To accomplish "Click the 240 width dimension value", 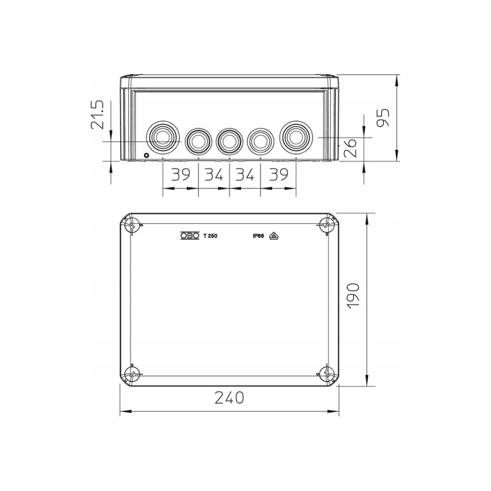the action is pyautogui.click(x=229, y=398).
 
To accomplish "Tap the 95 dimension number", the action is pyautogui.click(x=382, y=118).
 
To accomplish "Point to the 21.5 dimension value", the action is pyautogui.click(x=97, y=114).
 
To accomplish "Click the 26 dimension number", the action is pyautogui.click(x=350, y=148).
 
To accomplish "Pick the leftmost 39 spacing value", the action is pyautogui.click(x=181, y=174).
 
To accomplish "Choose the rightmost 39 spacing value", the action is pyautogui.click(x=278, y=174).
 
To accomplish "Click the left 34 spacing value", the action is pyautogui.click(x=214, y=174).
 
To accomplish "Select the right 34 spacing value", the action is pyautogui.click(x=245, y=174).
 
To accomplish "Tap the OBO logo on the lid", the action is pyautogui.click(x=190, y=236).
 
